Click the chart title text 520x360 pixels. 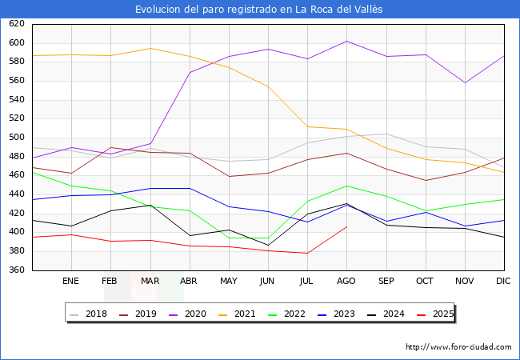click(x=259, y=9)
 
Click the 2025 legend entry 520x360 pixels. click(x=442, y=314)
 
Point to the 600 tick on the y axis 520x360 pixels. click(x=17, y=43)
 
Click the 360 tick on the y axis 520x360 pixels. click(x=17, y=270)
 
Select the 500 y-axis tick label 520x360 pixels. click(x=17, y=138)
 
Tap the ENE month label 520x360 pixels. click(x=70, y=282)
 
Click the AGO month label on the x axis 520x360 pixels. click(x=346, y=282)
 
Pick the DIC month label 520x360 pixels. click(x=503, y=282)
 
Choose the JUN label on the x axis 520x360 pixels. click(x=267, y=282)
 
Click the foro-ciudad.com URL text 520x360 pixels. click(x=458, y=347)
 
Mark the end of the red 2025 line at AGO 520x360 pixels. click(x=346, y=226)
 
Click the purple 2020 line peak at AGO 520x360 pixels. click(x=346, y=41)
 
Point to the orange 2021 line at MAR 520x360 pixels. click(x=150, y=48)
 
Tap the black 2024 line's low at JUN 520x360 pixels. click(x=267, y=245)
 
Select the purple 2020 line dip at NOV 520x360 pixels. click(x=464, y=82)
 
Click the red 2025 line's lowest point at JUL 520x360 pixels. click(x=307, y=253)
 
